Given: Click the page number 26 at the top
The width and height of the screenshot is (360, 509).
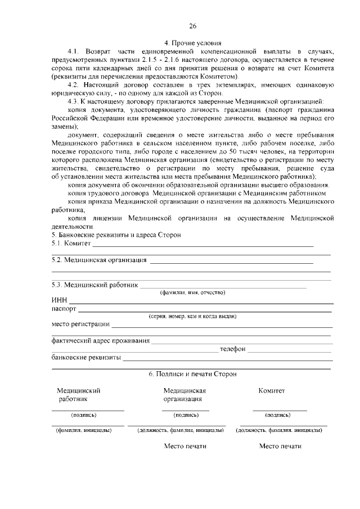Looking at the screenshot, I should click(x=192, y=26).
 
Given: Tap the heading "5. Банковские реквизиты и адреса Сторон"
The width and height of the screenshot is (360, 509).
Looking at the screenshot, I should click(x=116, y=235).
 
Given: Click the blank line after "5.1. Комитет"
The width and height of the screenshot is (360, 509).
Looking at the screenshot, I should click(x=202, y=244).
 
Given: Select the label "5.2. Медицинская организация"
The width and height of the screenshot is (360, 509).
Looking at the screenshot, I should click(x=99, y=260).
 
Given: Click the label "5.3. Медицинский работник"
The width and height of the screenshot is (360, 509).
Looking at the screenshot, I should click(x=94, y=285).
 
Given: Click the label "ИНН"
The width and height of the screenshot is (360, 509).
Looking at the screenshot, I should click(x=59, y=301).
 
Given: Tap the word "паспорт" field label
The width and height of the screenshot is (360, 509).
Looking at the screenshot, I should click(x=64, y=309).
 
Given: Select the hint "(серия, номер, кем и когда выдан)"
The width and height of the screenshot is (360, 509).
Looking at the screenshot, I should click(x=192, y=317).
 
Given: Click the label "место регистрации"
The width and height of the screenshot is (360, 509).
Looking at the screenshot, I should click(x=80, y=325).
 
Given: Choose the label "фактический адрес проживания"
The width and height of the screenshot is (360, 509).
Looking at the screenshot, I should click(x=100, y=340).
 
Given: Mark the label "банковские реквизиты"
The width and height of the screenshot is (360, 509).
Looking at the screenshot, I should click(x=86, y=357).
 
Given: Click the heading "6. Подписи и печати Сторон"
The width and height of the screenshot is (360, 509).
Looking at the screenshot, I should click(x=192, y=373).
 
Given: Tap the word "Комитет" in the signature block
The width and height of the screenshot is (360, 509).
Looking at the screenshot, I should click(x=272, y=390).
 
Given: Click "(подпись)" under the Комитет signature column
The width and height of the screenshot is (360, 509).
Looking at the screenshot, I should click(x=277, y=415).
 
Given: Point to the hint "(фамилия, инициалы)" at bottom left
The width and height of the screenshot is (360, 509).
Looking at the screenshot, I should click(x=83, y=430).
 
